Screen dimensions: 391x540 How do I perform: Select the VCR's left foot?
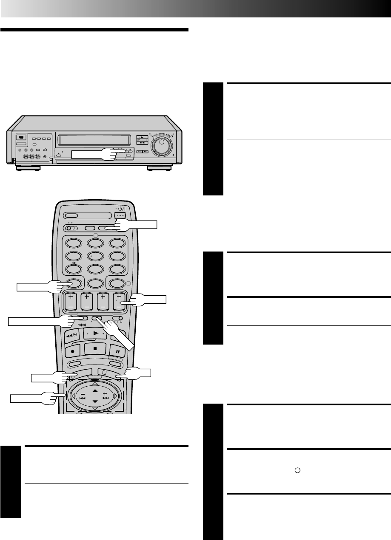tap(29, 168)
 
